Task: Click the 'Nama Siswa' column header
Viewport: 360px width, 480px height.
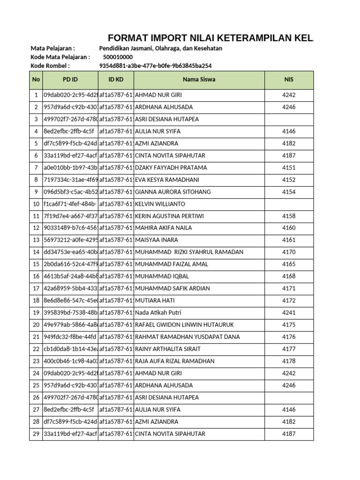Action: click(199, 80)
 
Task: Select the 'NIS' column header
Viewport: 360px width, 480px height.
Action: click(289, 80)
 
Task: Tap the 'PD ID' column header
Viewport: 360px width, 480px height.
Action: click(70, 80)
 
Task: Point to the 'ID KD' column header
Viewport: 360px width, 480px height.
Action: click(115, 80)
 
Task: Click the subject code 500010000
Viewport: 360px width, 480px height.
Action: click(118, 57)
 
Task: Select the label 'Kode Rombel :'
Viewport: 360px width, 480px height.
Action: click(50, 66)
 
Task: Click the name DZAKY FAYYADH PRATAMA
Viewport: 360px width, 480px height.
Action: click(171, 168)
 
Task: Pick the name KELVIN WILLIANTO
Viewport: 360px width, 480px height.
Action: click(160, 204)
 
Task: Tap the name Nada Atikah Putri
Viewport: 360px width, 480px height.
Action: click(158, 313)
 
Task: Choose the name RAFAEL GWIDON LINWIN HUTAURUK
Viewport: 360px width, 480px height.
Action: click(184, 325)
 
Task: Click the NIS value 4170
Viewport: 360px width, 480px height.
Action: click(289, 252)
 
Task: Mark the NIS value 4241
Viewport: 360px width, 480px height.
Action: click(289, 313)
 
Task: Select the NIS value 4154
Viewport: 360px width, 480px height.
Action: click(289, 192)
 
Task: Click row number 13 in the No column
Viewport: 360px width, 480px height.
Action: click(36, 240)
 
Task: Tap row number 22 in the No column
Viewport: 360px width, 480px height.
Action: click(36, 349)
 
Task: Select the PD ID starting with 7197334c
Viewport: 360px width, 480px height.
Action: click(70, 180)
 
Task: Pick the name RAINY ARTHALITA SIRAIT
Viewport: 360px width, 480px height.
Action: click(167, 349)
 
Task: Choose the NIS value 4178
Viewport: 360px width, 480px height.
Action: click(289, 361)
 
